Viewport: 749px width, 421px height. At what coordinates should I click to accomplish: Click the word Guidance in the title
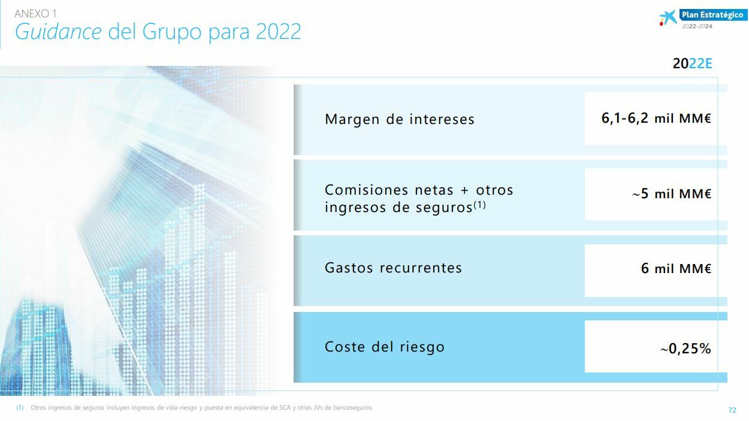[58, 32]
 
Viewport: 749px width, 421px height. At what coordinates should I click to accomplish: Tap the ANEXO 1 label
[35, 13]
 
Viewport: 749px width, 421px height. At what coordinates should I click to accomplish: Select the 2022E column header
[693, 63]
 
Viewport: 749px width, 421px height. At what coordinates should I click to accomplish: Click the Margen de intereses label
[400, 119]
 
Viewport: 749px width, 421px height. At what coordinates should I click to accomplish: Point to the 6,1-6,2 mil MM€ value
[656, 119]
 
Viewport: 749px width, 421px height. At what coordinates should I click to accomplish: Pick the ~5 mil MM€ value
[672, 194]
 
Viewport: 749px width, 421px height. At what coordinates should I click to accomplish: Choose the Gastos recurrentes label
[393, 268]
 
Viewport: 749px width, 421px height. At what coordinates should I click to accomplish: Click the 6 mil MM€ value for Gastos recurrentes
[676, 268]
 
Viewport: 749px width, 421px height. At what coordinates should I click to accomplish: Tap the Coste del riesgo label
[385, 347]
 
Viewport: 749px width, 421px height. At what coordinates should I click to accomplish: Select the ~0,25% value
[685, 349]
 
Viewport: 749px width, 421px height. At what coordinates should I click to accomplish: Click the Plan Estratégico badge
[712, 15]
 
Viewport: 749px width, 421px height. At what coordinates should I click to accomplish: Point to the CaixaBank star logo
[668, 18]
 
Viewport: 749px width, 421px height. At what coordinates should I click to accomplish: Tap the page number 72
[732, 410]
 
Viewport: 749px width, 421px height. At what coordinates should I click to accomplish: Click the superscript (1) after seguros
[479, 204]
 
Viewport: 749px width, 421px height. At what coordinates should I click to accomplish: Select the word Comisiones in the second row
[367, 190]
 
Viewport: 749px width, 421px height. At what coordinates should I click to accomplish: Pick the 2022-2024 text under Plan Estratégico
[697, 26]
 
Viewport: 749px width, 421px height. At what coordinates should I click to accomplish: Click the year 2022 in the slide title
[279, 32]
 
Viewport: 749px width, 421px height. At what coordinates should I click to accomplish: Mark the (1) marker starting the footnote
[20, 408]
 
